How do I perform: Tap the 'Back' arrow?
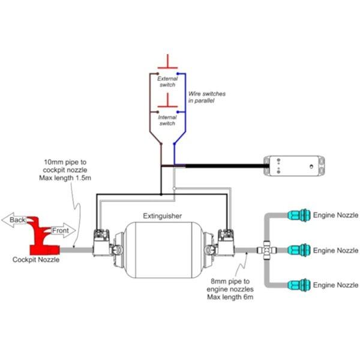coord(14,220)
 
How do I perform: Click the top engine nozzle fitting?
coord(299,215)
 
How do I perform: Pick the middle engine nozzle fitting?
coord(299,250)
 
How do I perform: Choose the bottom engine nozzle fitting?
coord(299,285)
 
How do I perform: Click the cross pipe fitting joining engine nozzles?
coord(267,250)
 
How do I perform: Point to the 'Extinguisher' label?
coord(163,216)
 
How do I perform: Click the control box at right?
coord(294,166)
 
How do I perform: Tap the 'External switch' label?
coord(167,82)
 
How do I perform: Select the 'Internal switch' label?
coord(167,121)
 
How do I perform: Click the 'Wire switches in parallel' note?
coord(207,97)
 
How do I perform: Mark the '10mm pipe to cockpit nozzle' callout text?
coord(65,170)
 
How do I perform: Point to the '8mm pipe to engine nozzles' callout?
coord(230,289)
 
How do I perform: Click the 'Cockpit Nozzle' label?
coord(36,260)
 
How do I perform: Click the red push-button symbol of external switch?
coord(167,62)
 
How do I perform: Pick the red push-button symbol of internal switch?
coord(167,101)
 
